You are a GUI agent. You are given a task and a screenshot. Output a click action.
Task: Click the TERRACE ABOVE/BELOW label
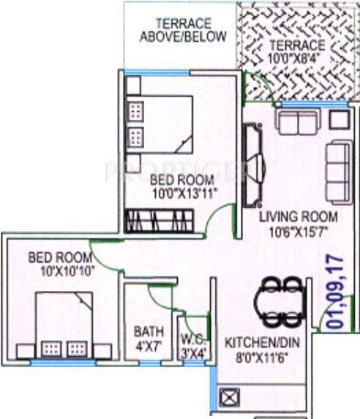(x=183, y=31)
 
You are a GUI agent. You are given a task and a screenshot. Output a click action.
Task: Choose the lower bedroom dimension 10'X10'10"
(x=60, y=271)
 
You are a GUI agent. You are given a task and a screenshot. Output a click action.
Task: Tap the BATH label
(x=148, y=330)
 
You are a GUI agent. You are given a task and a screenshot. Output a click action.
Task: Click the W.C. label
(x=193, y=340)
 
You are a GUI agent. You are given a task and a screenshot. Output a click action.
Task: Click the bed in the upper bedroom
(x=162, y=124)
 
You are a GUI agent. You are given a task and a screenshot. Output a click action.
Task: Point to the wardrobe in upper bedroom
(x=160, y=219)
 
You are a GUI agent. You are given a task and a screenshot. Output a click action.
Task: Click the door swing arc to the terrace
(x=253, y=86)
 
